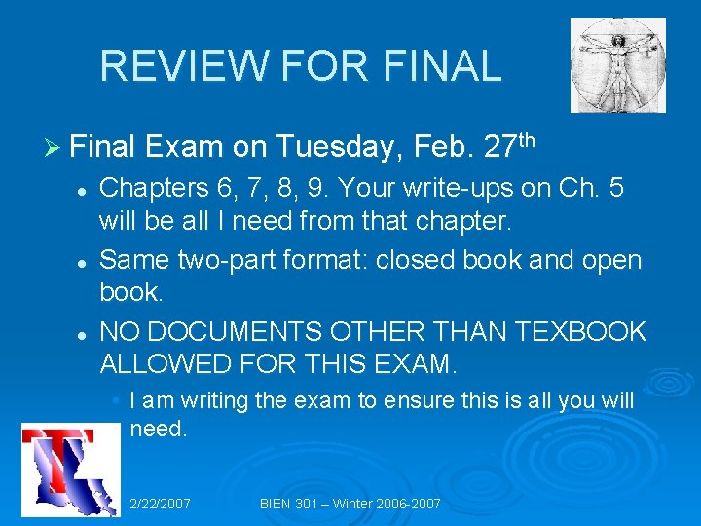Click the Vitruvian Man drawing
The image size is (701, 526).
617,65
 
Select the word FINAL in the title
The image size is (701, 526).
443,65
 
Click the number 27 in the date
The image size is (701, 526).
499,147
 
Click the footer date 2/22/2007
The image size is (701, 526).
160,504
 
